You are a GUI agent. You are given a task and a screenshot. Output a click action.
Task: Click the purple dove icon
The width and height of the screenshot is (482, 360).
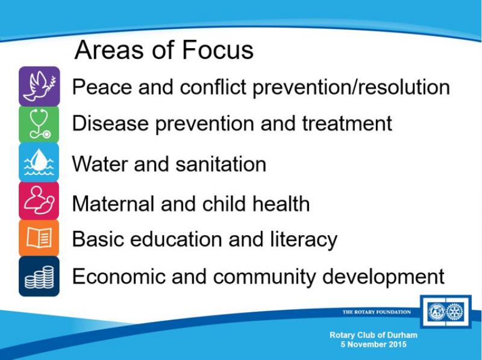39,86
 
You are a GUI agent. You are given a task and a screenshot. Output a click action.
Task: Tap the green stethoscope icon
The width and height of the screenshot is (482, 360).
39,124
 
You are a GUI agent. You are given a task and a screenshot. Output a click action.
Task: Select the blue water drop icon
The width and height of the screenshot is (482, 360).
39,162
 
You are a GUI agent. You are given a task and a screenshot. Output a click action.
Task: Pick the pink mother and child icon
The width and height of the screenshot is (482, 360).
39,200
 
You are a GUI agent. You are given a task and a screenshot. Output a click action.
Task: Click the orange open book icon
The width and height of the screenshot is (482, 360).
39,238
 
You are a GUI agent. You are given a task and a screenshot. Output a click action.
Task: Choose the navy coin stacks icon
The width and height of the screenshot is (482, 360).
39,276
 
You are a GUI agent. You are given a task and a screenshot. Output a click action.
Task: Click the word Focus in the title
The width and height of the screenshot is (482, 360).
218,50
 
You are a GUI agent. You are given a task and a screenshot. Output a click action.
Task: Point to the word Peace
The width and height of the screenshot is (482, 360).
102,87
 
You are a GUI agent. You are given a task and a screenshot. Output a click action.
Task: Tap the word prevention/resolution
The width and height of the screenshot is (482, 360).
351,87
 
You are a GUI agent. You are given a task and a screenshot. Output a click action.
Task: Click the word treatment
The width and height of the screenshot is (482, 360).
347,124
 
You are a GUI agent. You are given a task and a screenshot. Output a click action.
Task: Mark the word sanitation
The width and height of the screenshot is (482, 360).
221,163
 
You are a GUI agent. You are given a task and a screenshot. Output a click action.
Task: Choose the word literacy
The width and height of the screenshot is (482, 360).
304,239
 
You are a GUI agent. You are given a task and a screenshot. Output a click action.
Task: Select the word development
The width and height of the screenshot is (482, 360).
383,277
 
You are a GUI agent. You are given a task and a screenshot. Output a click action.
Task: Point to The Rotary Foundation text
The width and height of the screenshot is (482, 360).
377,312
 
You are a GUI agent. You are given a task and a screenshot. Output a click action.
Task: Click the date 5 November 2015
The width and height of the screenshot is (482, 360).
374,344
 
